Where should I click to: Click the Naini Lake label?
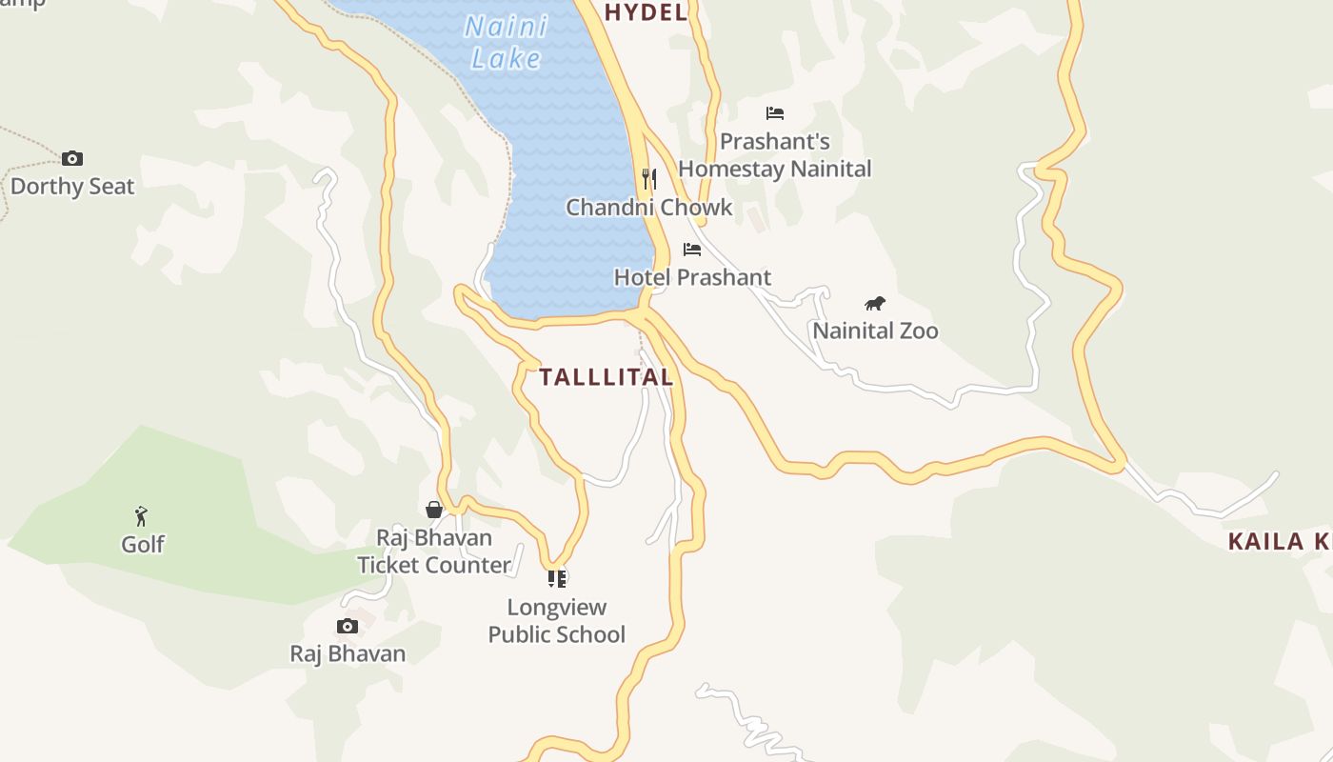click(506, 42)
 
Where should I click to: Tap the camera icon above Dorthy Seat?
click(72, 158)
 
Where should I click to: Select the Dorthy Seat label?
click(72, 186)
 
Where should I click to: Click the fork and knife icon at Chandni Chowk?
click(649, 178)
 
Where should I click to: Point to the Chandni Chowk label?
click(649, 207)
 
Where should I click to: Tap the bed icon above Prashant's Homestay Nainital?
click(775, 113)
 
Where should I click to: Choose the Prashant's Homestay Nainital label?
click(775, 155)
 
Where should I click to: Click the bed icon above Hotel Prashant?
click(692, 250)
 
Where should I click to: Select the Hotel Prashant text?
click(692, 277)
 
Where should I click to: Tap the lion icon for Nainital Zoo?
click(875, 304)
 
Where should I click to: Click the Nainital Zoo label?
click(875, 331)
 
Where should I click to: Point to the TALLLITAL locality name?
click(607, 377)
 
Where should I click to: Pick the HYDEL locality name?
click(646, 12)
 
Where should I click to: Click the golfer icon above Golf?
click(142, 516)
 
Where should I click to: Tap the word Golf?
click(143, 544)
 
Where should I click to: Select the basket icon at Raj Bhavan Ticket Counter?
click(434, 510)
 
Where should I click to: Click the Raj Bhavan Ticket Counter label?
click(434, 551)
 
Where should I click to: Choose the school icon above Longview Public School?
click(557, 578)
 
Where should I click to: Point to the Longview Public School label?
click(557, 620)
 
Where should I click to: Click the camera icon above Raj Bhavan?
click(348, 626)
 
